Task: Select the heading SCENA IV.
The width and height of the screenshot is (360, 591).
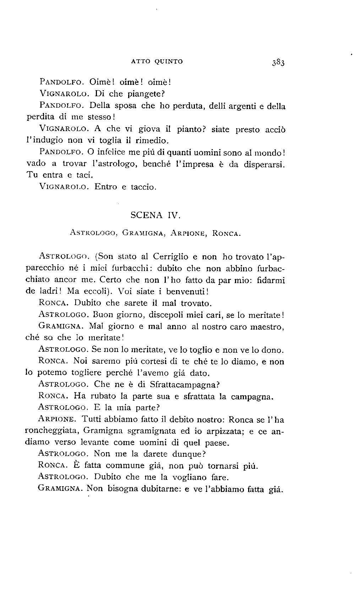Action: coord(156,215)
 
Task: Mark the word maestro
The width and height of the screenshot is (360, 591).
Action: coord(268,326)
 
